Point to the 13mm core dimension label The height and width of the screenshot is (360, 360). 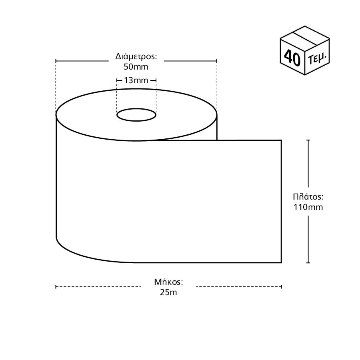(x=136, y=80)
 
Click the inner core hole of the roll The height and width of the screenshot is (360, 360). (x=136, y=115)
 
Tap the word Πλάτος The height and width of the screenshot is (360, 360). (x=308, y=197)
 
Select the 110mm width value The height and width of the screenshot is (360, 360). (x=308, y=207)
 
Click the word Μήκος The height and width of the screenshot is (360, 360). (x=168, y=282)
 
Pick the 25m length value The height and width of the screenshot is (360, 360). (x=168, y=292)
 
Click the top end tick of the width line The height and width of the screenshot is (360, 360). (x=308, y=140)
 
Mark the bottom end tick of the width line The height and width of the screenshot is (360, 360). (x=308, y=263)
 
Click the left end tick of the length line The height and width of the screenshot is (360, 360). (x=56, y=286)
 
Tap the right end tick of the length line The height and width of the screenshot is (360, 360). (x=282, y=286)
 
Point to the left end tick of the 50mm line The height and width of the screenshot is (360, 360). (x=56, y=61)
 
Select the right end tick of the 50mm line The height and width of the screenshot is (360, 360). (x=217, y=61)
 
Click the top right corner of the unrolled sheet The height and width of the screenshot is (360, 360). (x=281, y=140)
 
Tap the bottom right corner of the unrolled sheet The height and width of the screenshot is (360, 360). (x=281, y=263)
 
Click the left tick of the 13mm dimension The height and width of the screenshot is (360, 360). (x=116, y=81)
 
